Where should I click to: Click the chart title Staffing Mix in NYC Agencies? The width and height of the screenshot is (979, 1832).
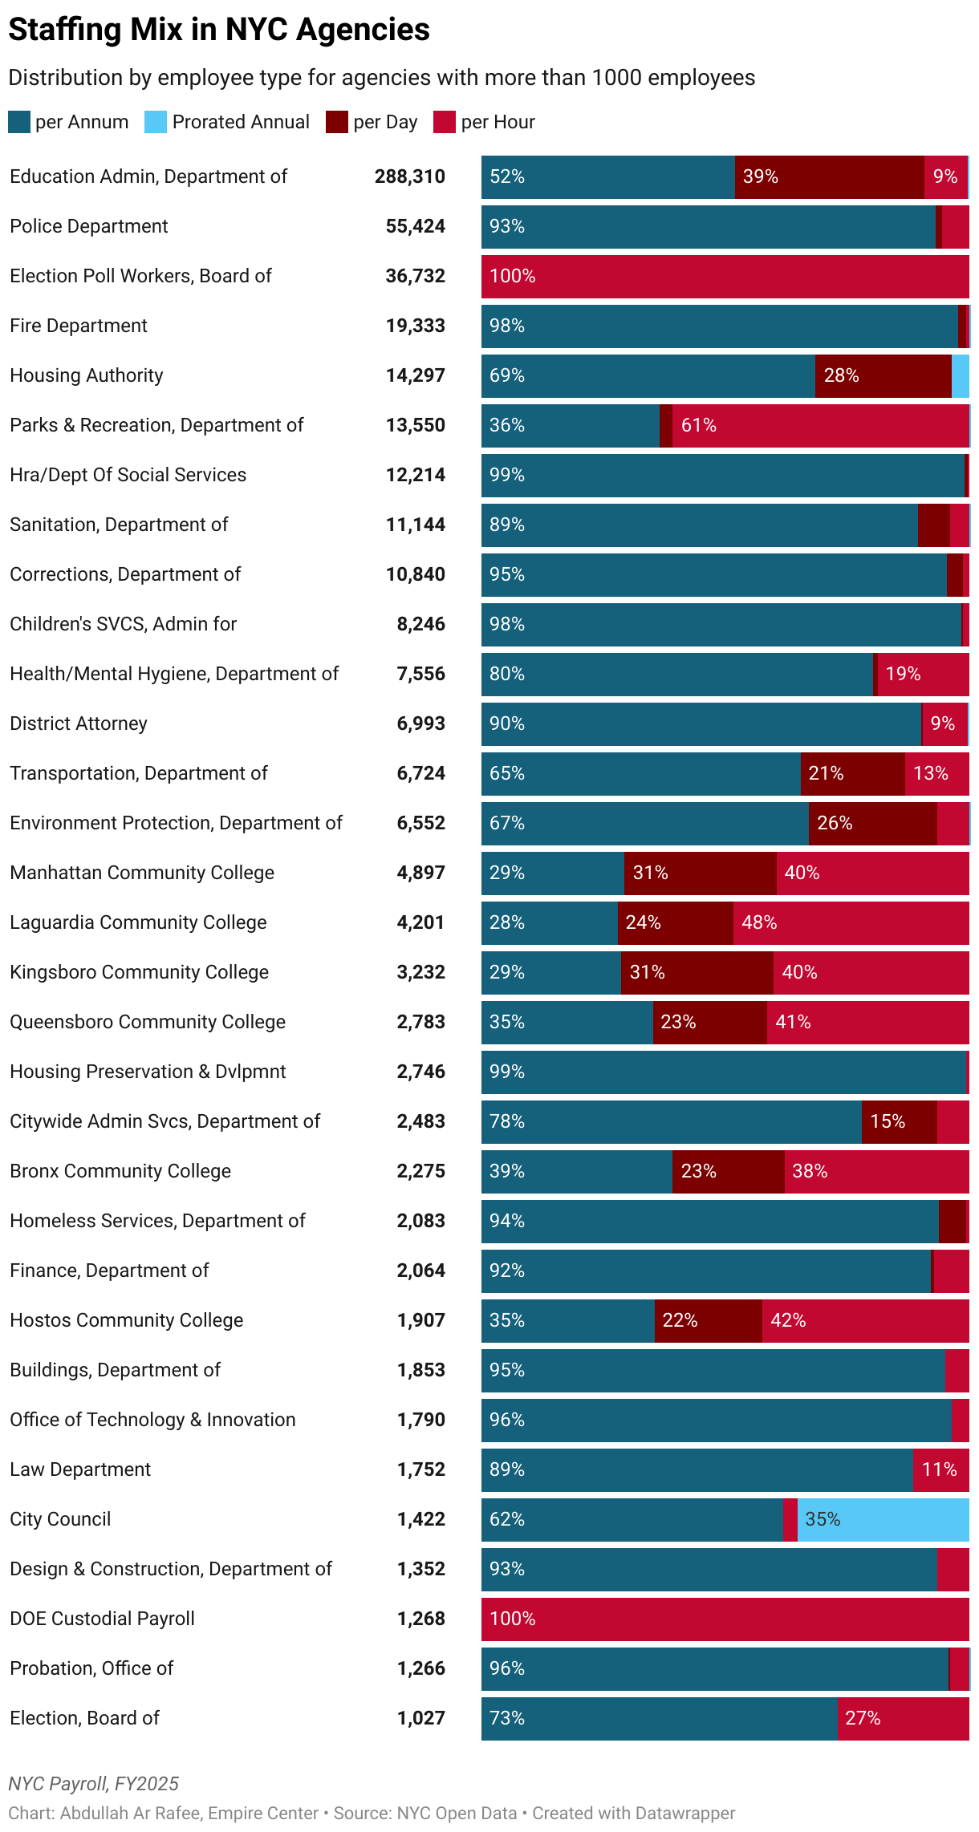click(219, 30)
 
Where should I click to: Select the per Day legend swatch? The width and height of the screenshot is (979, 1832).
click(336, 122)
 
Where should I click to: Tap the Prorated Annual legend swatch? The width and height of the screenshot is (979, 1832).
click(156, 122)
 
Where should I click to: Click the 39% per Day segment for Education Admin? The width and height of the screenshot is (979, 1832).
click(829, 177)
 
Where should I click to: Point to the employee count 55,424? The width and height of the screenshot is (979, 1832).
click(415, 227)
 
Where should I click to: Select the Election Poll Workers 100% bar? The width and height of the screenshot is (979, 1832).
click(725, 277)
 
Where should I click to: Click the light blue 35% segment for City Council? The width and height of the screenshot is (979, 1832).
click(883, 1520)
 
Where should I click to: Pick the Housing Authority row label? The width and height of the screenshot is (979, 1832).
click(87, 376)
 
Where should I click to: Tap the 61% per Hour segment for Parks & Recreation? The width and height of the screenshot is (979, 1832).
click(820, 426)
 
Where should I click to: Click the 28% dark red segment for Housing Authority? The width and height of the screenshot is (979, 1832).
click(883, 376)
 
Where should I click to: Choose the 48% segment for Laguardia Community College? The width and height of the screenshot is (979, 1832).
click(851, 923)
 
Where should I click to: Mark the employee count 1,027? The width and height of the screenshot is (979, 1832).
click(420, 1719)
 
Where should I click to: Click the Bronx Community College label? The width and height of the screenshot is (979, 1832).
click(120, 1172)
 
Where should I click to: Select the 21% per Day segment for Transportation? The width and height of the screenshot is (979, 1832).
click(852, 774)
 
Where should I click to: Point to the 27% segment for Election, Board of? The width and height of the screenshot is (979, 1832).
click(903, 1719)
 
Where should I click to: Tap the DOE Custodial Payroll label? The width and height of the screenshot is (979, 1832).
click(103, 1619)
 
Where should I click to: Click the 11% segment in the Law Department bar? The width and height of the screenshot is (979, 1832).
click(940, 1470)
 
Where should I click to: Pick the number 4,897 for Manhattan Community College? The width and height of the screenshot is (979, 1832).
click(420, 873)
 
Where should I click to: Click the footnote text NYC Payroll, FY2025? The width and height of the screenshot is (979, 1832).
click(94, 1784)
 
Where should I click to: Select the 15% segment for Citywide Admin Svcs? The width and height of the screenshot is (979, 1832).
click(899, 1122)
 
